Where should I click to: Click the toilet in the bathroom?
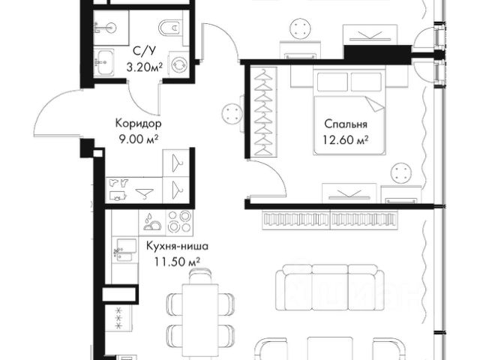click(x=172, y=29)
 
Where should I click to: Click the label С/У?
click(x=143, y=52)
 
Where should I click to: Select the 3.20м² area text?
click(x=145, y=67)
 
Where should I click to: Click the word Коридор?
click(x=138, y=124)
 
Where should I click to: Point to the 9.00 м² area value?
click(x=138, y=139)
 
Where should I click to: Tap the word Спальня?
click(x=346, y=124)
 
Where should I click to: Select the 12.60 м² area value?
click(x=345, y=140)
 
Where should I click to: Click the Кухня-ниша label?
click(x=177, y=246)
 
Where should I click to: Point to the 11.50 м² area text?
click(x=177, y=262)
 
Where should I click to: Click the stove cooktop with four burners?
click(x=179, y=223)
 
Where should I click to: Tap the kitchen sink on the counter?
click(x=125, y=249)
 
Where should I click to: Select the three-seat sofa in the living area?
click(x=330, y=287)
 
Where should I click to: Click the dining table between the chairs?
click(x=200, y=318)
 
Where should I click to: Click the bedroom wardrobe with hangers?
click(x=263, y=112)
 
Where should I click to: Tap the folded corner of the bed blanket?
click(x=375, y=104)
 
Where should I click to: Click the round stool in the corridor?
click(x=232, y=113)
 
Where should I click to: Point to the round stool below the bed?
click(x=400, y=173)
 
